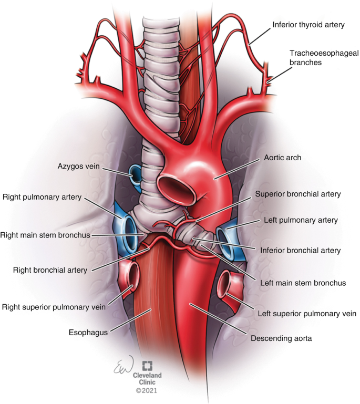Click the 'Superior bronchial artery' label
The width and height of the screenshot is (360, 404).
[x=298, y=194]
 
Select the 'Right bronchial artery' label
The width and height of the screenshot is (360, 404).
[x=50, y=271]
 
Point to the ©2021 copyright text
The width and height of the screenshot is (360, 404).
[x=147, y=391]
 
